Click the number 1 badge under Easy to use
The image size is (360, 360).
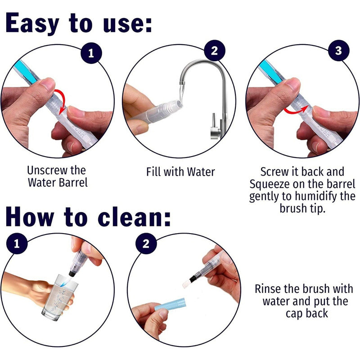(91, 53)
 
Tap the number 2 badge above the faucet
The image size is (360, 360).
(215, 50)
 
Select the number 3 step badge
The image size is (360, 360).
(338, 50)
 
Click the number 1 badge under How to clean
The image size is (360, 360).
(17, 243)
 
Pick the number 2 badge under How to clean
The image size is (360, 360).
(146, 243)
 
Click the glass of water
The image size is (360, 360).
(59, 297)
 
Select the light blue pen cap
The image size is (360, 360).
(170, 304)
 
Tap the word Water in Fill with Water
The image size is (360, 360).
(201, 172)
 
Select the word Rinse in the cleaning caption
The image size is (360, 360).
(268, 288)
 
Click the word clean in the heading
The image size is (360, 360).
(134, 217)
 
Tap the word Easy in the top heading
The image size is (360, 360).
(32, 23)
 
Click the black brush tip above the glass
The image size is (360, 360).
(72, 273)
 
